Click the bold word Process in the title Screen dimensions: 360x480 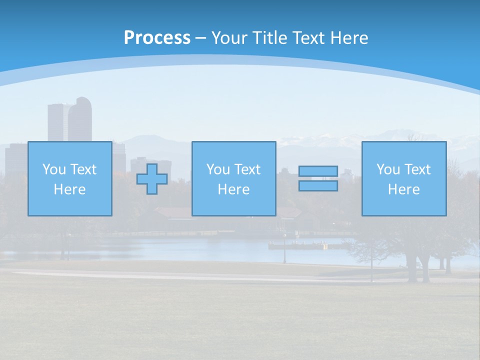pyautogui.click(x=157, y=38)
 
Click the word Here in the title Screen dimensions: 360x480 pyautogui.click(x=350, y=38)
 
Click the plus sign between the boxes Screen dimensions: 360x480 pyautogui.click(x=152, y=179)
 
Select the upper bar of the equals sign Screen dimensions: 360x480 pyautogui.click(x=318, y=171)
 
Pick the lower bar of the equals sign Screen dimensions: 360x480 pyautogui.click(x=318, y=186)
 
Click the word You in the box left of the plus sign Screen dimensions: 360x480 pyautogui.click(x=54, y=169)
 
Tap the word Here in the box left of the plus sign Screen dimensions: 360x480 pyautogui.click(x=69, y=189)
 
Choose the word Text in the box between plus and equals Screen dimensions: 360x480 pyautogui.click(x=247, y=169)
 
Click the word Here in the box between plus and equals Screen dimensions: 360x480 pyautogui.click(x=233, y=189)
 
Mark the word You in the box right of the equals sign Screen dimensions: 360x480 pyautogui.click(x=388, y=169)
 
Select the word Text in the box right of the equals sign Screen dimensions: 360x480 pyautogui.click(x=417, y=169)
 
